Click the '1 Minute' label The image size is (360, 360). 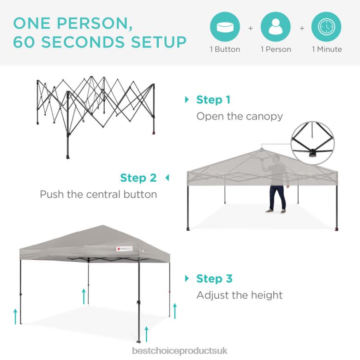pos(327,49)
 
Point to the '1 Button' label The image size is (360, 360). pos(225,49)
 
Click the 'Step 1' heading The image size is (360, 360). pos(213,100)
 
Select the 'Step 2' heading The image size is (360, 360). pos(138,178)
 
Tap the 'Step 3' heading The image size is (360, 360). pos(215,278)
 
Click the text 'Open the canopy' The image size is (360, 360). pos(240,116)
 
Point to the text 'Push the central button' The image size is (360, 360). pos(98,194)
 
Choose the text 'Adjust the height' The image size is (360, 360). pos(240,294)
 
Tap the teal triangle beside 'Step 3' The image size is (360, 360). pos(187,278)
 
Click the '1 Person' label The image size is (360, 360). pos(276,49)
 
